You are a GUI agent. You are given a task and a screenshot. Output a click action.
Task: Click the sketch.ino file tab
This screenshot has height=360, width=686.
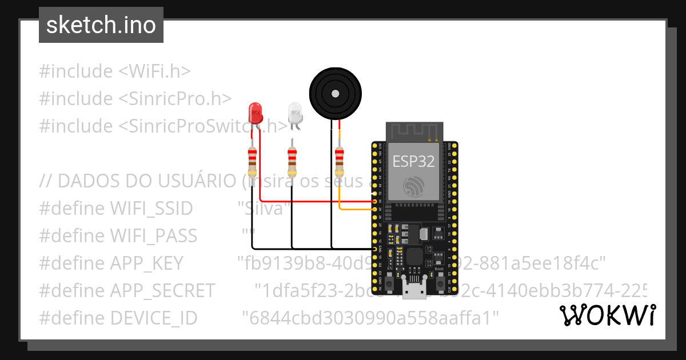pyautogui.click(x=101, y=25)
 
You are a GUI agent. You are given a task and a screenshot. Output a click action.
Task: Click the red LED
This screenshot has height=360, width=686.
pyautogui.click(x=255, y=113)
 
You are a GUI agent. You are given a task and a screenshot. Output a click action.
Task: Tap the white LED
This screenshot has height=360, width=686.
pyautogui.click(x=294, y=113)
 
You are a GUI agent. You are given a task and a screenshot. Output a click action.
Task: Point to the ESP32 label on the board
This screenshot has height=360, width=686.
pyautogui.click(x=413, y=161)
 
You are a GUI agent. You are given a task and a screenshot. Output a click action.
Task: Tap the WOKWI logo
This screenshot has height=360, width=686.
pyautogui.click(x=608, y=315)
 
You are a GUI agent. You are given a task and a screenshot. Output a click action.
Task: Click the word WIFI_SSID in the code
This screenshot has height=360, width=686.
pyautogui.click(x=151, y=209)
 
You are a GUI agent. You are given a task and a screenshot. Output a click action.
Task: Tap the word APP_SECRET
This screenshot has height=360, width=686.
pyautogui.click(x=162, y=290)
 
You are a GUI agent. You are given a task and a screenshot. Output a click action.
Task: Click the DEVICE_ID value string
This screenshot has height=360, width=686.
pyautogui.click(x=370, y=318)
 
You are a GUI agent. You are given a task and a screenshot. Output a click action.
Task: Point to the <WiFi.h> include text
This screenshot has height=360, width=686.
pyautogui.click(x=154, y=71)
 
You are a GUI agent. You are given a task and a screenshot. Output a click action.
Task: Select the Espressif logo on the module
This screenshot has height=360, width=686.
pyautogui.click(x=413, y=187)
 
